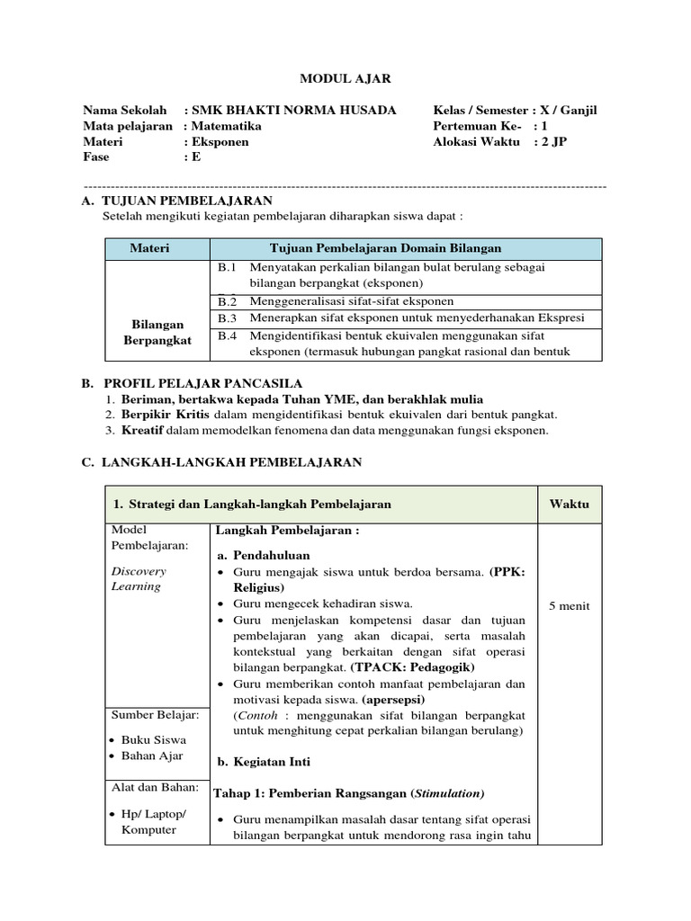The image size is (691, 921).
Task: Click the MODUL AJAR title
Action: [345, 79]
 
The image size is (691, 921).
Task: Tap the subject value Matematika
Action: [227, 126]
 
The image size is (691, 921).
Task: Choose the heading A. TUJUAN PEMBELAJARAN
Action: [176, 200]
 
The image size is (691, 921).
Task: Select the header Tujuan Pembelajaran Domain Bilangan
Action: [385, 248]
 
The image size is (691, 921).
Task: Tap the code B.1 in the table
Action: [226, 267]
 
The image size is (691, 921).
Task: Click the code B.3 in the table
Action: [226, 317]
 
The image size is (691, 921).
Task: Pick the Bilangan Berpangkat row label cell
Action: [157, 332]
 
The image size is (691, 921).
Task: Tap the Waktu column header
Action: [569, 505]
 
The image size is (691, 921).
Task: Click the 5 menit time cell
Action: [569, 606]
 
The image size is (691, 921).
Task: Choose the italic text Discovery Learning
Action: [138, 578]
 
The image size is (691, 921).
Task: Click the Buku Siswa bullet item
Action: [154, 739]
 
